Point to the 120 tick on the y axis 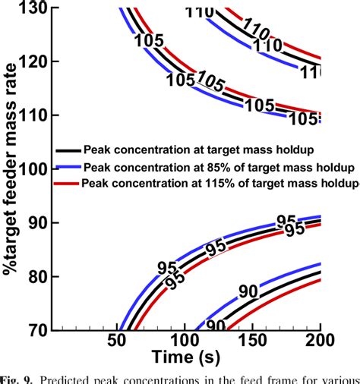pos(35,61)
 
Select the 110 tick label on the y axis pos(35,115)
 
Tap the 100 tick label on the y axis pos(35,169)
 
